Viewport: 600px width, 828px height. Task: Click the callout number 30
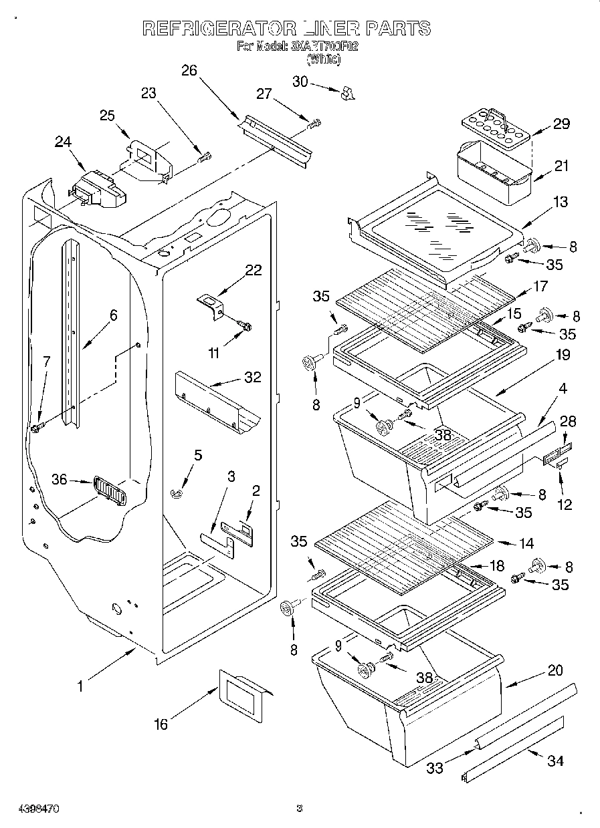point(300,81)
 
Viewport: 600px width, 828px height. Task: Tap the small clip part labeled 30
point(346,94)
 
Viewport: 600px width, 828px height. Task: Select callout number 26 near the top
point(189,71)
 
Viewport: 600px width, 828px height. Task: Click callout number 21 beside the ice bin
point(561,166)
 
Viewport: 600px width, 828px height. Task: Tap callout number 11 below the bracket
point(213,354)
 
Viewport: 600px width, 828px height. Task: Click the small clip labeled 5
point(177,493)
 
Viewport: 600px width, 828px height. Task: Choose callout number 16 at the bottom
point(161,724)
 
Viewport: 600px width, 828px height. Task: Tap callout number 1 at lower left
point(81,686)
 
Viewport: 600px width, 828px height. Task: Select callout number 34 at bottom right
point(555,761)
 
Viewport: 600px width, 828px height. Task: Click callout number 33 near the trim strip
point(435,769)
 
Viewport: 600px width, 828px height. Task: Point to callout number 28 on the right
point(568,422)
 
